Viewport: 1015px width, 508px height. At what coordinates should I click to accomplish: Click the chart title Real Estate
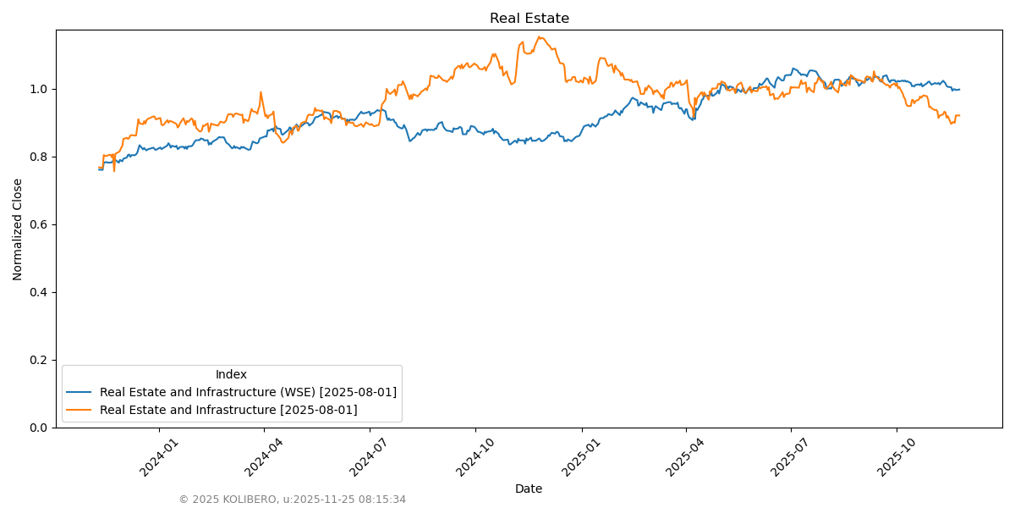(x=529, y=19)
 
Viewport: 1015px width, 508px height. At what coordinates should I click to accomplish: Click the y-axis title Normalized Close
(x=18, y=229)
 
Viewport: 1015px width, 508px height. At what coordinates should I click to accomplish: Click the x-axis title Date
(x=529, y=489)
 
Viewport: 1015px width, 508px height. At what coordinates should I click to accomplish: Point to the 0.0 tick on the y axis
(x=39, y=428)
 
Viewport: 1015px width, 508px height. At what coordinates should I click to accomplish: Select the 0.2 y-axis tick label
(x=39, y=360)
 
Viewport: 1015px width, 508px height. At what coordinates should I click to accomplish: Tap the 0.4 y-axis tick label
(x=39, y=292)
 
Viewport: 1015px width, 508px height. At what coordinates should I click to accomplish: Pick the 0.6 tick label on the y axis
(x=39, y=224)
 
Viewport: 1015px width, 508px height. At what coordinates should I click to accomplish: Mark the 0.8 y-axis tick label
(x=39, y=157)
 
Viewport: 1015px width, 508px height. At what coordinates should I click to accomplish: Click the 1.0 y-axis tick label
(x=39, y=89)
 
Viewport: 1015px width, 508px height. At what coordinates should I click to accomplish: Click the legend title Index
(x=231, y=374)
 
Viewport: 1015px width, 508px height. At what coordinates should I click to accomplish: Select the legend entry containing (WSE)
(x=248, y=392)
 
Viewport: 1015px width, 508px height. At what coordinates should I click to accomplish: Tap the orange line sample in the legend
(x=80, y=410)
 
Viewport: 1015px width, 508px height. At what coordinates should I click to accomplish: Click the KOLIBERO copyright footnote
(x=292, y=500)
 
